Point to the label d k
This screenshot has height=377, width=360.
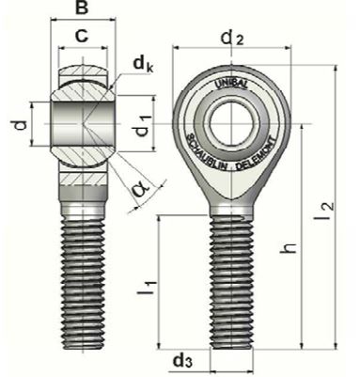pyautogui.click(x=142, y=65)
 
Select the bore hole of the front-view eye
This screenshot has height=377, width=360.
pyautogui.click(x=231, y=118)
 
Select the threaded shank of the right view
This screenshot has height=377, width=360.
pyautogui.click(x=231, y=282)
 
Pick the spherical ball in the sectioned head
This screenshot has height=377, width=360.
pyautogui.click(x=83, y=120)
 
